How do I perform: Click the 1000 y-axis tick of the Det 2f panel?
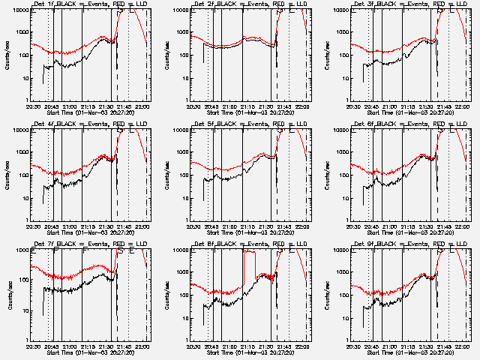pyautogui.click(x=180, y=32)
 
